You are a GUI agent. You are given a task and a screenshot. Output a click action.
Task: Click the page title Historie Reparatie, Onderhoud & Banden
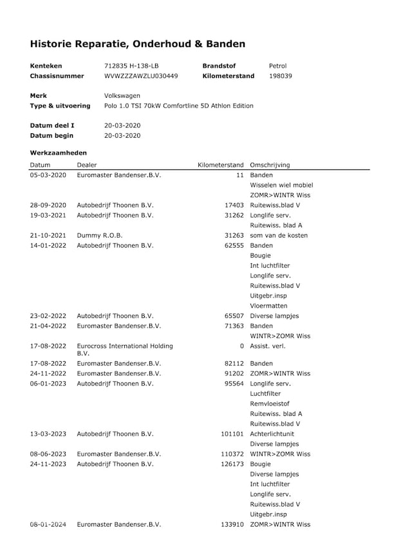(137, 44)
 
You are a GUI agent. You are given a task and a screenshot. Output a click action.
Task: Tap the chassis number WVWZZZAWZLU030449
(141, 76)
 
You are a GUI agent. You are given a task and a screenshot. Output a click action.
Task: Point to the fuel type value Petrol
(277, 66)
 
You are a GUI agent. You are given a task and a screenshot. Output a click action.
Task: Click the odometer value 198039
(281, 76)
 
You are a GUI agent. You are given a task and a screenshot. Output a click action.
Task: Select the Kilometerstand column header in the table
(220, 165)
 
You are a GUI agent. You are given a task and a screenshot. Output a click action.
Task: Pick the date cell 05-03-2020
(48, 175)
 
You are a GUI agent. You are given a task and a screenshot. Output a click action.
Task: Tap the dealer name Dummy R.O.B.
(99, 236)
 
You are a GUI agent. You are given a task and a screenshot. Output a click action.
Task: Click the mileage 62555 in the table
(233, 245)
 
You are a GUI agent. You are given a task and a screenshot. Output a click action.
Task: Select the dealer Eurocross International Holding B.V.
(125, 350)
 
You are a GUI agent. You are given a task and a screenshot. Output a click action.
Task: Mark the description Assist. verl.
(267, 346)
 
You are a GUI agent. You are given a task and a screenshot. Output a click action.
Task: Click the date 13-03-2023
(48, 434)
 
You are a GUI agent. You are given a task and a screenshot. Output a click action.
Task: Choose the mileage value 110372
(232, 454)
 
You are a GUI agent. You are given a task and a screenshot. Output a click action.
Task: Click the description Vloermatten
(268, 306)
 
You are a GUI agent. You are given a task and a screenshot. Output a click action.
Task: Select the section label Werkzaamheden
(59, 153)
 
